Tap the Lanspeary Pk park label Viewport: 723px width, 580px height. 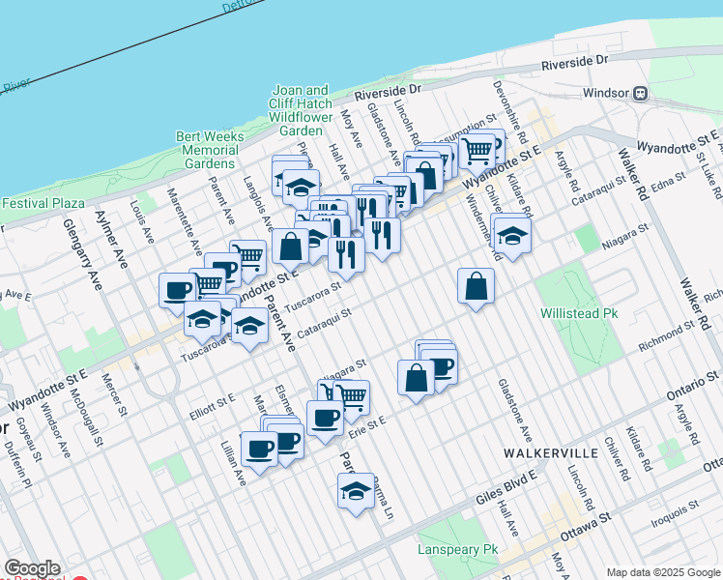pos(457,549)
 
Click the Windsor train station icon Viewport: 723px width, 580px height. pos(640,94)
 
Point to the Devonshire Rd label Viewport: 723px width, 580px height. pos(507,106)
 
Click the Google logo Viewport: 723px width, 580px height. pos(32,568)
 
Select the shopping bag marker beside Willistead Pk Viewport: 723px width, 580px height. pos(476,286)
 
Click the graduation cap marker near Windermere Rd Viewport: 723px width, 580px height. pos(512,235)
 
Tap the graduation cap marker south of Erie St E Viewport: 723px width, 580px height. pos(356,491)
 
